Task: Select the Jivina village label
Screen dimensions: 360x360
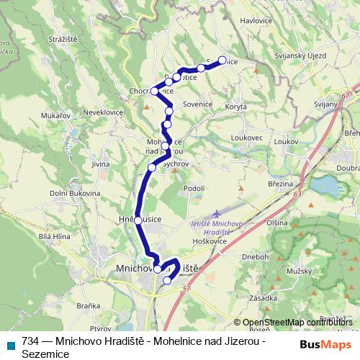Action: (x=100, y=163)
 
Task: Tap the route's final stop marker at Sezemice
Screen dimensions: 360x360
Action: (x=222, y=61)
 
